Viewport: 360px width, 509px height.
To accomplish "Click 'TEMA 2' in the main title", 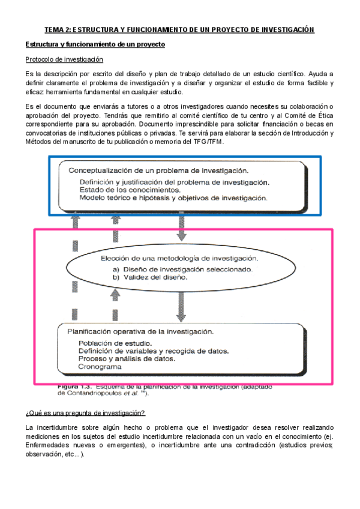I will pos(59,30).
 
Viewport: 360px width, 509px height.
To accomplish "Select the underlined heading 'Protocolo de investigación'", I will pos(64,59).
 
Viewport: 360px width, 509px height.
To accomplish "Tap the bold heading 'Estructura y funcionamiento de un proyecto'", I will pos(94,45).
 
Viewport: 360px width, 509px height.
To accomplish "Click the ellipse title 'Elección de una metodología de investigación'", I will pos(179,258).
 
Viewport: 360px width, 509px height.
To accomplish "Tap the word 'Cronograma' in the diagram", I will pos(100,366).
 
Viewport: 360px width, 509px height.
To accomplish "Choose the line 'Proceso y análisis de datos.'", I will pos(127,358).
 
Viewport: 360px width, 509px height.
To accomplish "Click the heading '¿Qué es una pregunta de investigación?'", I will pos(85,413).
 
